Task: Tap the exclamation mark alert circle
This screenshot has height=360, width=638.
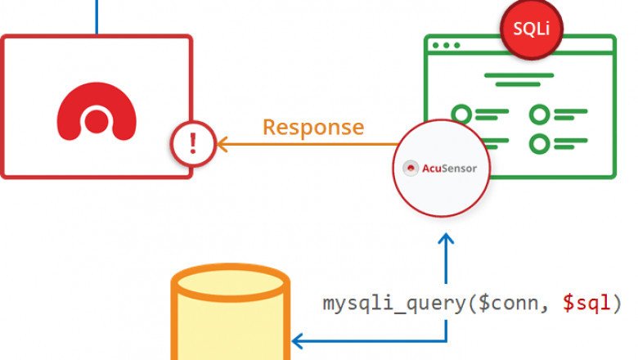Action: click(x=192, y=145)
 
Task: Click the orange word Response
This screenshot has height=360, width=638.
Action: click(x=312, y=128)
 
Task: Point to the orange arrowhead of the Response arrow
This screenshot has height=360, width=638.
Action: click(x=221, y=145)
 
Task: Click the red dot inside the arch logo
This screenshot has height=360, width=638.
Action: click(x=97, y=122)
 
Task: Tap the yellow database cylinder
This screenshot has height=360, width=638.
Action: click(x=231, y=323)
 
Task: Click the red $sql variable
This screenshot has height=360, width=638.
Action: click(x=585, y=303)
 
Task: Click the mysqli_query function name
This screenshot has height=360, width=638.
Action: click(x=393, y=303)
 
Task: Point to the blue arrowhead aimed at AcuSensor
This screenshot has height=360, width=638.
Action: click(x=445, y=240)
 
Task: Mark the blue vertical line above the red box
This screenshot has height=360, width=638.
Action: click(x=97, y=16)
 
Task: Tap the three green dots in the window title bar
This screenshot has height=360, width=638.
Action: click(x=445, y=45)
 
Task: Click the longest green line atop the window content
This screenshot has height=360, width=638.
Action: click(x=519, y=75)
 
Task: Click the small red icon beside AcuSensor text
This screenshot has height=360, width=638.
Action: click(x=412, y=169)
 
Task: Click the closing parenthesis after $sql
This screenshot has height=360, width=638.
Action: click(x=617, y=303)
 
